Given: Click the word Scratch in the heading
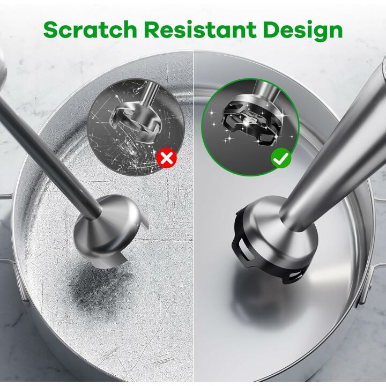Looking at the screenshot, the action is tap(90, 29).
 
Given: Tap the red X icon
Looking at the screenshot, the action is tap(167, 158).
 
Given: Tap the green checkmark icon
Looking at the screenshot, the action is tap(281, 158).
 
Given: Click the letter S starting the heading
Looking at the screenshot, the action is tap(53, 29).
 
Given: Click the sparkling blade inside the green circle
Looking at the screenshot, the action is tap(247, 121).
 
